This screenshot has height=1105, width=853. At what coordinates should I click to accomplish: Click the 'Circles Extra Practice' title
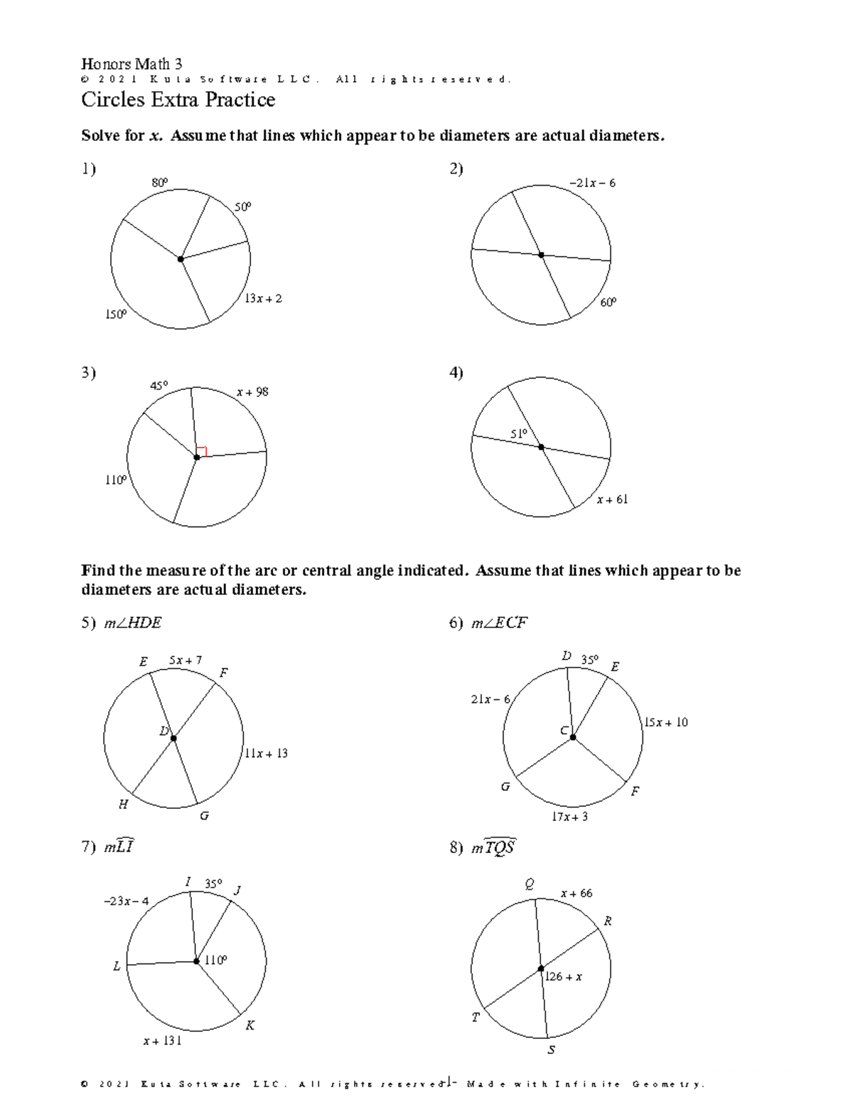pyautogui.click(x=178, y=100)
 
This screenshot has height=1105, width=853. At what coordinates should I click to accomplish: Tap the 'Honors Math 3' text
pyautogui.click(x=132, y=64)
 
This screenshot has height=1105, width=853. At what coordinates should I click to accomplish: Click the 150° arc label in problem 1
pyautogui.click(x=116, y=314)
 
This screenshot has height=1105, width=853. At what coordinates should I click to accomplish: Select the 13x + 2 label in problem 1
pyautogui.click(x=263, y=299)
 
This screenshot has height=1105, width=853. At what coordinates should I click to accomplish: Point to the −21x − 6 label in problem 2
pyautogui.click(x=592, y=183)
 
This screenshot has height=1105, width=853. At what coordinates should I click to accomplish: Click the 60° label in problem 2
pyautogui.click(x=608, y=302)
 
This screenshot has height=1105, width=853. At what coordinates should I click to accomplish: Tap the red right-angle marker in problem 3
pyautogui.click(x=202, y=451)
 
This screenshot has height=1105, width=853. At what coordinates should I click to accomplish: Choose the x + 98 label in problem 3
pyautogui.click(x=252, y=392)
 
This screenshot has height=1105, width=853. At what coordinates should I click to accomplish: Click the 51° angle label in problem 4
pyautogui.click(x=519, y=434)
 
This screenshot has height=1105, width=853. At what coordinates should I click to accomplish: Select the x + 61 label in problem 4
pyautogui.click(x=612, y=499)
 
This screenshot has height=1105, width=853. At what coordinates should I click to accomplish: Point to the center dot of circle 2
pyautogui.click(x=541, y=255)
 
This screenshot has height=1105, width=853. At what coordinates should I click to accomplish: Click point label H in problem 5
pyautogui.click(x=124, y=804)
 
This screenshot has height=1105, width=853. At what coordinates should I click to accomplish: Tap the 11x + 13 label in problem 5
pyautogui.click(x=266, y=754)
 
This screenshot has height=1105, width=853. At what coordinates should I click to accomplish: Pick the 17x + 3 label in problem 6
pyautogui.click(x=570, y=817)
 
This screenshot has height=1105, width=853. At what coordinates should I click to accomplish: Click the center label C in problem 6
pyautogui.click(x=564, y=731)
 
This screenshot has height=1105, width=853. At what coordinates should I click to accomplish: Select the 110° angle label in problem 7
pyautogui.click(x=216, y=961)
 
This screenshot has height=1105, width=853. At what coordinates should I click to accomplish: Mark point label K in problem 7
pyautogui.click(x=250, y=1025)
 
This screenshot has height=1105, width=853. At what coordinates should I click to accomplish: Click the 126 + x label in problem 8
pyautogui.click(x=564, y=977)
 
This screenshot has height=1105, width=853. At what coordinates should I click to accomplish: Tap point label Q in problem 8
pyautogui.click(x=530, y=884)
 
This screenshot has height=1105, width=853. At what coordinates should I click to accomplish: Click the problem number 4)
pyautogui.click(x=456, y=373)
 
